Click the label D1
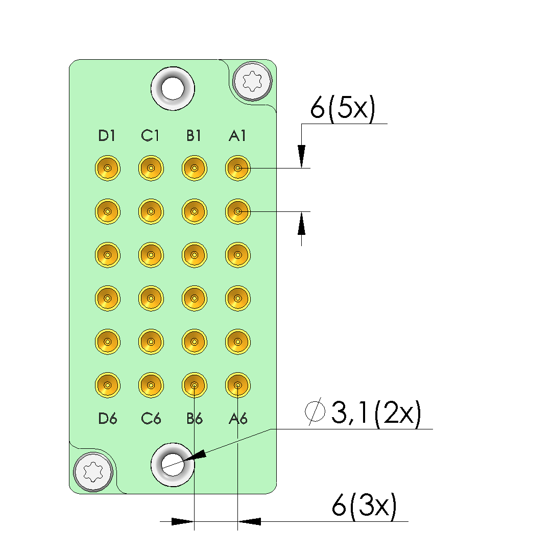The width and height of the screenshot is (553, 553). click(107, 136)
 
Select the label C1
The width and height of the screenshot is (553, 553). click(151, 136)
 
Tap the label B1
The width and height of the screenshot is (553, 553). click(194, 136)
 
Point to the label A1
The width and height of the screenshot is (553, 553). click(237, 136)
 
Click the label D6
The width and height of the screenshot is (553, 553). click(108, 419)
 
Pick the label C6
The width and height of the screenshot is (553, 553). click(151, 419)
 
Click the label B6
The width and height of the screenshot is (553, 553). click(195, 419)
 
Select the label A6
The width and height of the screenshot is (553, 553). click(238, 419)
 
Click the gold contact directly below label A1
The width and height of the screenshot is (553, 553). click(237, 168)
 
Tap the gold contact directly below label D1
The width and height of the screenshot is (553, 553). click(108, 168)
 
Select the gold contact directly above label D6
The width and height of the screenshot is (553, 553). click(108, 384)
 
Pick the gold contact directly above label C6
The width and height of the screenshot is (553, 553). click(151, 384)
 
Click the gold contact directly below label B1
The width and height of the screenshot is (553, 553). click(194, 168)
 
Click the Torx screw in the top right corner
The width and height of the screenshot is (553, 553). click(253, 81)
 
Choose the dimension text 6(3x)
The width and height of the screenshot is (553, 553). click(364, 507)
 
